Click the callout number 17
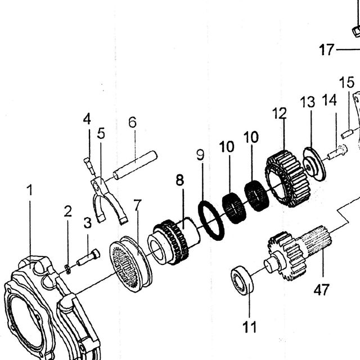(x=326, y=49)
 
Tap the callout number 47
(x=321, y=290)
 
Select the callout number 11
(x=249, y=327)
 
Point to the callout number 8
(x=180, y=180)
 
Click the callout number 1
(x=29, y=190)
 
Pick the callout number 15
(x=346, y=82)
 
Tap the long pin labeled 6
(x=135, y=165)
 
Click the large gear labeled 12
(x=287, y=179)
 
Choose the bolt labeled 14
(x=337, y=151)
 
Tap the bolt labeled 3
(x=88, y=258)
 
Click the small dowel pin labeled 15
(x=347, y=134)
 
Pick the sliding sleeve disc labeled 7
(x=130, y=264)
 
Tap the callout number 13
(x=308, y=102)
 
